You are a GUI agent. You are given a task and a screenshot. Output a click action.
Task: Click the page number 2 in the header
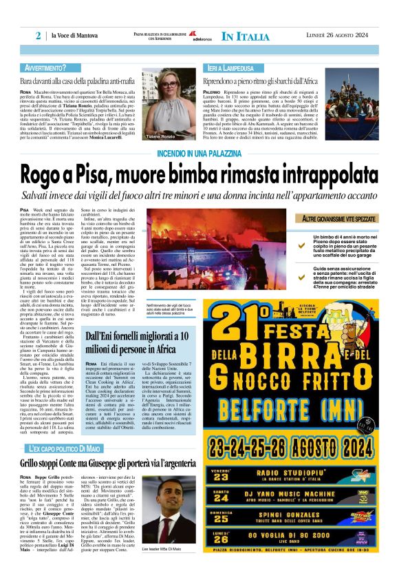coord(39,36)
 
